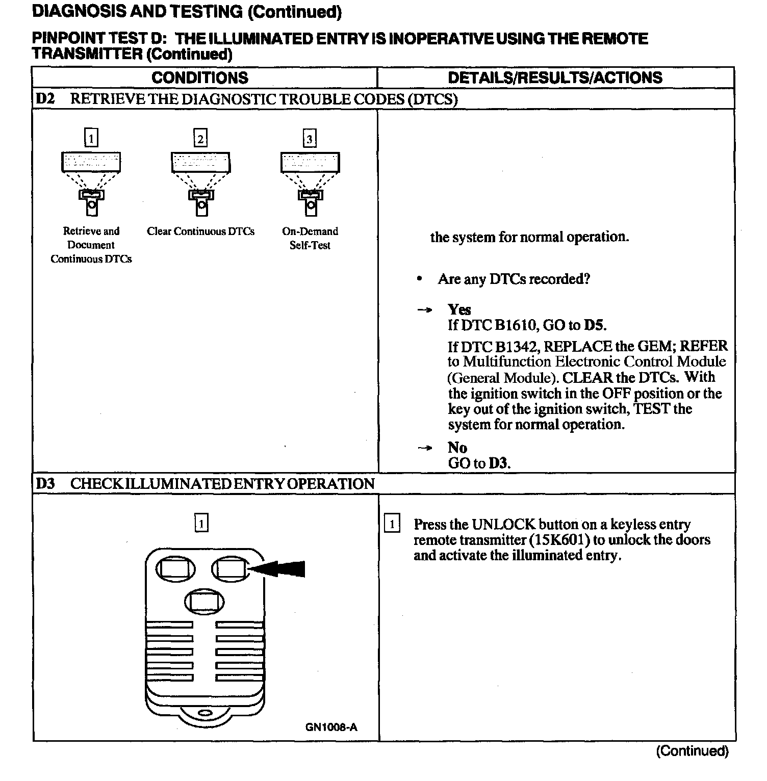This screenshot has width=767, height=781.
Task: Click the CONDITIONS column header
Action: [x=199, y=77]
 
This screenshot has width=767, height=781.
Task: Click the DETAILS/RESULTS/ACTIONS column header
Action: [x=555, y=77]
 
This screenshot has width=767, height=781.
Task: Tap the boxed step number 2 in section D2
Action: [x=200, y=139]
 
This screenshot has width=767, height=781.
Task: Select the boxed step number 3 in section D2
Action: [x=310, y=139]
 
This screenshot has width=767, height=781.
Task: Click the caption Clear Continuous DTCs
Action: [x=200, y=231]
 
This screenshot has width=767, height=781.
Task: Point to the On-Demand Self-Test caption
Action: [x=310, y=238]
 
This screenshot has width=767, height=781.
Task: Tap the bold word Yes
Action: [x=459, y=309]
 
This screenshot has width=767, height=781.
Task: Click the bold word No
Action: [x=457, y=448]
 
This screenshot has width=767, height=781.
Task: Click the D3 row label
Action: [x=45, y=483]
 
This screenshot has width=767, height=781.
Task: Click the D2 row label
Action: [x=45, y=99]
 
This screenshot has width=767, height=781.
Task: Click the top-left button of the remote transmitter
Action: [x=175, y=569]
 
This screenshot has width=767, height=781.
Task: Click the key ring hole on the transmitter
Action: [x=204, y=712]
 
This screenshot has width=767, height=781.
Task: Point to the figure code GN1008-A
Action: [x=331, y=727]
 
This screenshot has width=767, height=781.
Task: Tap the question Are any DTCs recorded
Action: [x=514, y=279]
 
